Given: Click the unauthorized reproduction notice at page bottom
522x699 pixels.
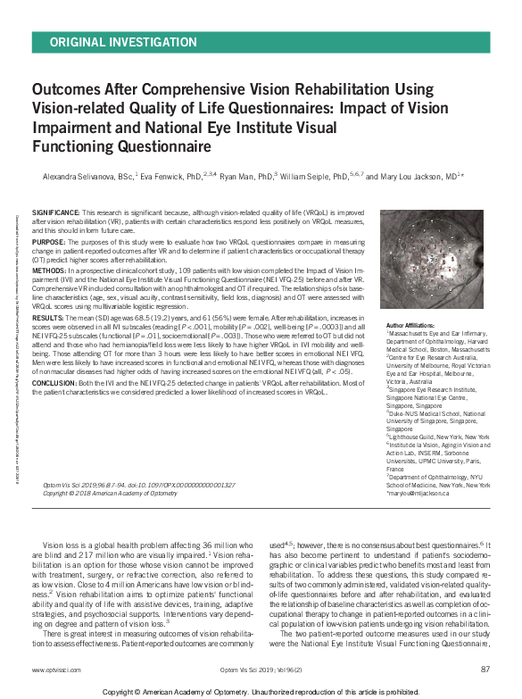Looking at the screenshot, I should [x=261, y=691].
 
